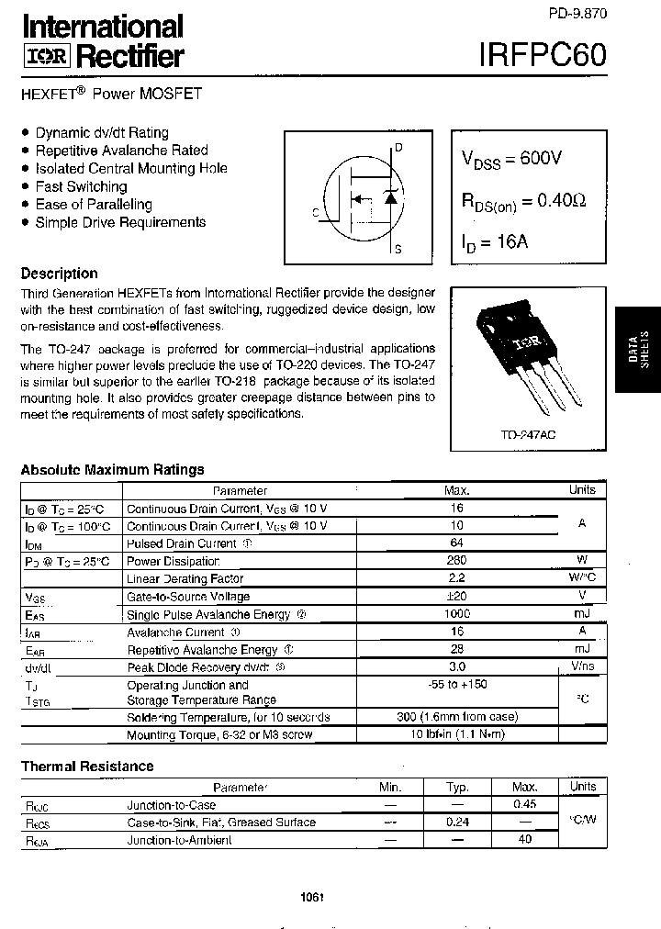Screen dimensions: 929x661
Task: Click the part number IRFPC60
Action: coord(542,53)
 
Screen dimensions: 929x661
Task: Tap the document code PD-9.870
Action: coord(578,13)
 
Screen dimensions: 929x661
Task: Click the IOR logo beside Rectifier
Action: coord(45,57)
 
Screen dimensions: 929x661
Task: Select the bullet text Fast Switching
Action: coord(81,186)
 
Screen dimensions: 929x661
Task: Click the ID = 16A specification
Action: coord(495,243)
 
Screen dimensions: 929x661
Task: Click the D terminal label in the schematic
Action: coord(398,148)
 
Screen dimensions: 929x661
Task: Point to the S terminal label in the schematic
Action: coord(398,249)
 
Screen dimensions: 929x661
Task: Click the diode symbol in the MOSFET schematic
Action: coord(390,196)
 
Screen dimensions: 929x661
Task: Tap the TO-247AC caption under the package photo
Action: coord(528,432)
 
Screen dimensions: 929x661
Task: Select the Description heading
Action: coord(59,274)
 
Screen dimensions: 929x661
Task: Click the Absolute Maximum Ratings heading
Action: coord(112,470)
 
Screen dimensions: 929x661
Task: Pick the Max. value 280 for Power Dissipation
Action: coord(456,561)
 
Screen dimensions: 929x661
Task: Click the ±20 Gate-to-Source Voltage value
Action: coord(456,597)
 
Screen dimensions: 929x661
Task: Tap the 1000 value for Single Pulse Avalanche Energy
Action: coord(456,614)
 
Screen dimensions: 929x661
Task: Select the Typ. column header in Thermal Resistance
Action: coord(457,788)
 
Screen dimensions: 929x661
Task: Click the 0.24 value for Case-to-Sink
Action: coord(457,823)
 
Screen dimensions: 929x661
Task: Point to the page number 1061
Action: coord(313,897)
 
